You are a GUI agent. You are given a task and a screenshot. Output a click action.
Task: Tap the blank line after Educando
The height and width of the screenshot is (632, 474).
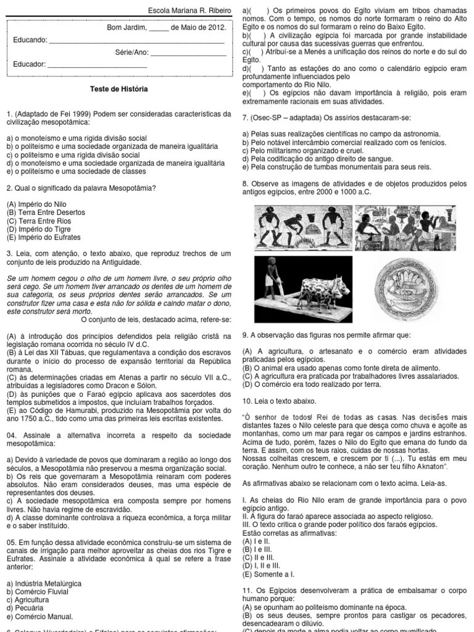tap(136, 41)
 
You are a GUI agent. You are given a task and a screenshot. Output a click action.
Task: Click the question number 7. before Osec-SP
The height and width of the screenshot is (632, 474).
tap(246, 117)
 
